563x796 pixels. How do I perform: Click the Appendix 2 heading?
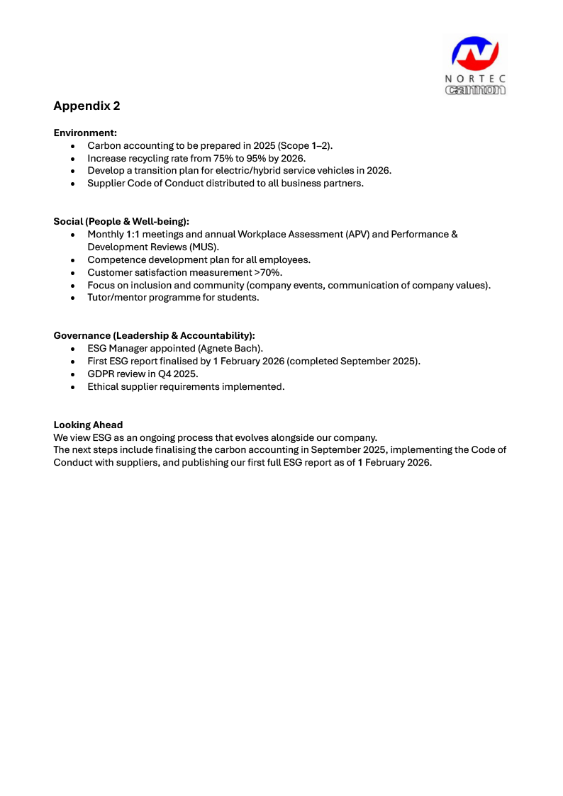tap(87, 106)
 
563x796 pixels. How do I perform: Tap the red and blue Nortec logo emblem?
tap(476, 54)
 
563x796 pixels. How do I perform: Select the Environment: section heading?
tap(85, 133)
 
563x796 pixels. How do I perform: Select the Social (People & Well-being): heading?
tap(121, 222)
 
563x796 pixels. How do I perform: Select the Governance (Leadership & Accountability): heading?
tap(154, 336)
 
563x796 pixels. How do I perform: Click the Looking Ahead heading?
tap(88, 425)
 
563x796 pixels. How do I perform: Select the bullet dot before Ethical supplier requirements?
tap(73, 388)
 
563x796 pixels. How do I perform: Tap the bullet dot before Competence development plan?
tap(73, 260)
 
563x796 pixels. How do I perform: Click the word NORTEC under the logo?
tap(475, 79)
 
